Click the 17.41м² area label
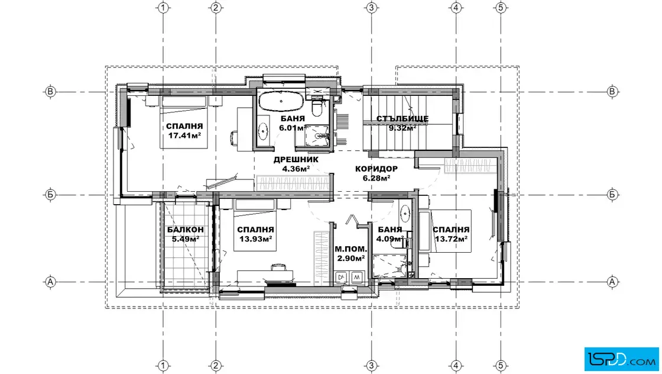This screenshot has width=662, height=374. (x=184, y=136)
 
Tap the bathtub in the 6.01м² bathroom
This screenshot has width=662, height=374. (x=281, y=101)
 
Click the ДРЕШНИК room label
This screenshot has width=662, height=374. (x=296, y=159)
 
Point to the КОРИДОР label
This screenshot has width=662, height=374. (x=376, y=169)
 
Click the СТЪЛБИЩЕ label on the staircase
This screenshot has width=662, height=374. (x=403, y=119)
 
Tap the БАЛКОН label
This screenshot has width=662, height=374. (x=186, y=230)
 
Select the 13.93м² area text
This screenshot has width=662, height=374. (x=255, y=239)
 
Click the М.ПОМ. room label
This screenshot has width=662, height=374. (x=351, y=249)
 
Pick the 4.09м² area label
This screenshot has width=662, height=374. (x=390, y=238)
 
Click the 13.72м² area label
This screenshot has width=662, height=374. (x=451, y=238)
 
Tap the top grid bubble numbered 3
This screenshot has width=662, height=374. (x=372, y=8)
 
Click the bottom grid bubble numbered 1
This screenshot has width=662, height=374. (x=163, y=366)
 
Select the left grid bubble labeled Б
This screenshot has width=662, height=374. (x=50, y=195)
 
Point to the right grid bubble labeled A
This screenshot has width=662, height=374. (x=612, y=282)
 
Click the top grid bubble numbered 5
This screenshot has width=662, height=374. (x=501, y=8)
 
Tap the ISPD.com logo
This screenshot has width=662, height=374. (x=621, y=359)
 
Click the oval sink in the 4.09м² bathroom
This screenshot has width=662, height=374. (x=405, y=214)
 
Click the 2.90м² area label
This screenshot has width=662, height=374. (x=351, y=258)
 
